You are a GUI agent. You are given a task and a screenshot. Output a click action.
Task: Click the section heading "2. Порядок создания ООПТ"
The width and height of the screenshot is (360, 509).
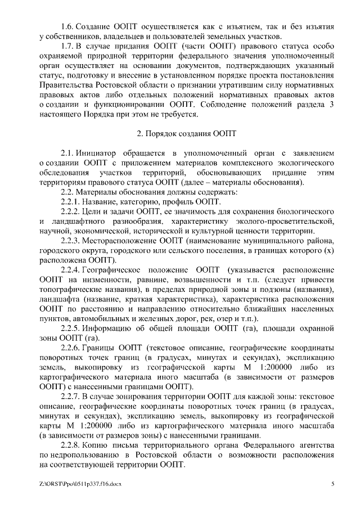coord(179,134)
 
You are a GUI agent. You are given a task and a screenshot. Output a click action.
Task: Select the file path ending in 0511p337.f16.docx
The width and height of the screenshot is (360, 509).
coord(81,484)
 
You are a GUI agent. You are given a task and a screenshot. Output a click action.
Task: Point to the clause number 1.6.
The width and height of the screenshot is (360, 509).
coord(67,26)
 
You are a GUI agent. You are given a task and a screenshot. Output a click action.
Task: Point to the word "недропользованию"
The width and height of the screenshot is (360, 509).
coord(86,456)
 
